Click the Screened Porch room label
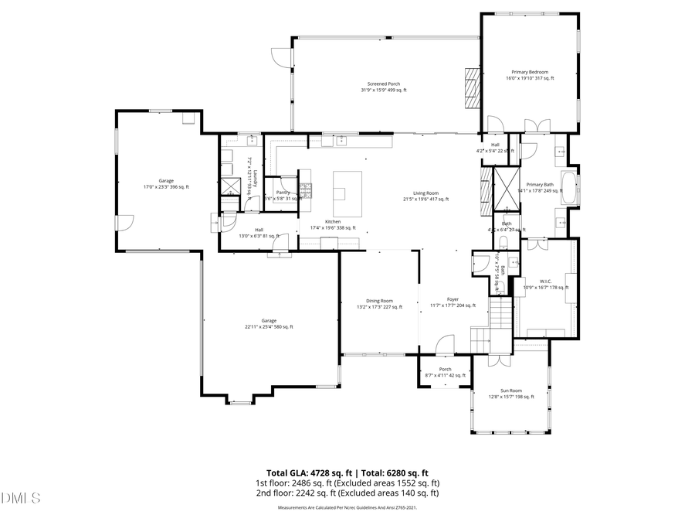pyautogui.click(x=383, y=87)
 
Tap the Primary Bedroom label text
pyautogui.click(x=530, y=75)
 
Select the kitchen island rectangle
pyautogui.click(x=347, y=194)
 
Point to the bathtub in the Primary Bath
pyautogui.click(x=569, y=189)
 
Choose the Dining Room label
pyautogui.click(x=379, y=303)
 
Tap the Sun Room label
pyautogui.click(x=510, y=394)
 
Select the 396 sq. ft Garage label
pyautogui.click(x=160, y=183)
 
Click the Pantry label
pyautogui.click(x=283, y=196)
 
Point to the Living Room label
pyautogui.click(x=425, y=196)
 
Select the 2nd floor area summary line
pyautogui.click(x=347, y=493)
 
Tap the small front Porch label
pyautogui.click(x=445, y=372)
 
